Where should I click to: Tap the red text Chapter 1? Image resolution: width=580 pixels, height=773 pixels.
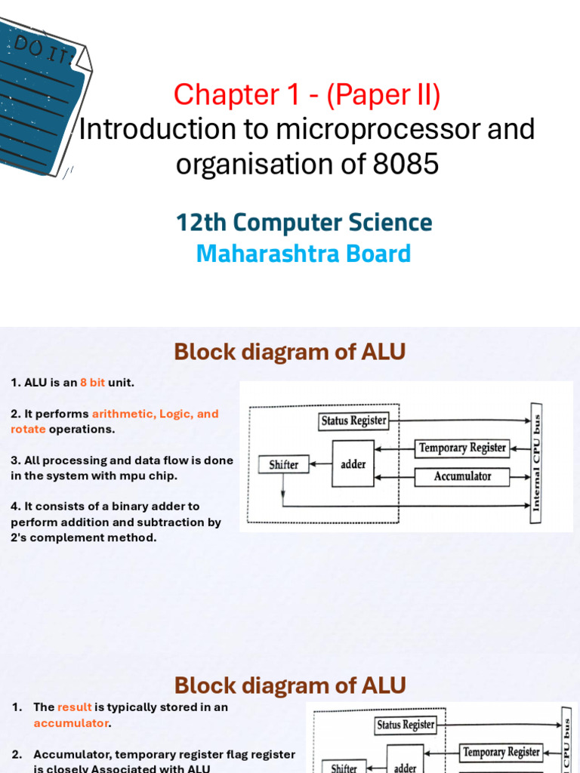point(215,95)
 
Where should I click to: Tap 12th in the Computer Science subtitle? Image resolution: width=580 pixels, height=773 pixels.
point(202,223)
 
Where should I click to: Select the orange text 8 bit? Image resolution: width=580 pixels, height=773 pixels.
point(92,383)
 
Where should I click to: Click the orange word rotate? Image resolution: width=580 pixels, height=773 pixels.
point(28,430)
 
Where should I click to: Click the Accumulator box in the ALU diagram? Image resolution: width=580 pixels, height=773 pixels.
point(462,476)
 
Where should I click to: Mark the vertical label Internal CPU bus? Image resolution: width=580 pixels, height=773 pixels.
point(536,458)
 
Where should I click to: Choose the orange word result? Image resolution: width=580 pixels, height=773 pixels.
point(74,707)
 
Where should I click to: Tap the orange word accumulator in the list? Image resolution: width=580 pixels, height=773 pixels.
point(71,723)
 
